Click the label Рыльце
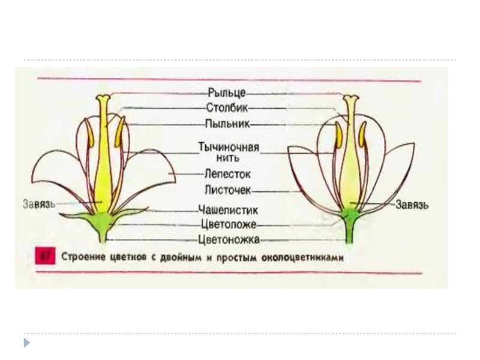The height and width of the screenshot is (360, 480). (x=227, y=93)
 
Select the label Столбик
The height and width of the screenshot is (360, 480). (x=227, y=109)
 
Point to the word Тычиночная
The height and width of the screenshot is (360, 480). (x=229, y=147)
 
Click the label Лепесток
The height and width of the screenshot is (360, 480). (x=227, y=174)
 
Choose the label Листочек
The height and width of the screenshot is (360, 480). (x=227, y=190)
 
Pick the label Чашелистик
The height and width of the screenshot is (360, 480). (x=228, y=210)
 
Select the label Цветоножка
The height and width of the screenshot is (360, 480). (x=229, y=240)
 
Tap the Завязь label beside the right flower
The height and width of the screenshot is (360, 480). (x=412, y=205)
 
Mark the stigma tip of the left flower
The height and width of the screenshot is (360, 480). (x=104, y=97)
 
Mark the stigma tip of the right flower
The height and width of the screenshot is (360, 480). (x=350, y=98)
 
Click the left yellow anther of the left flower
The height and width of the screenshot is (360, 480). (x=90, y=133)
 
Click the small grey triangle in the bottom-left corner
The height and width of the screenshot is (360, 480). (x=26, y=343)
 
